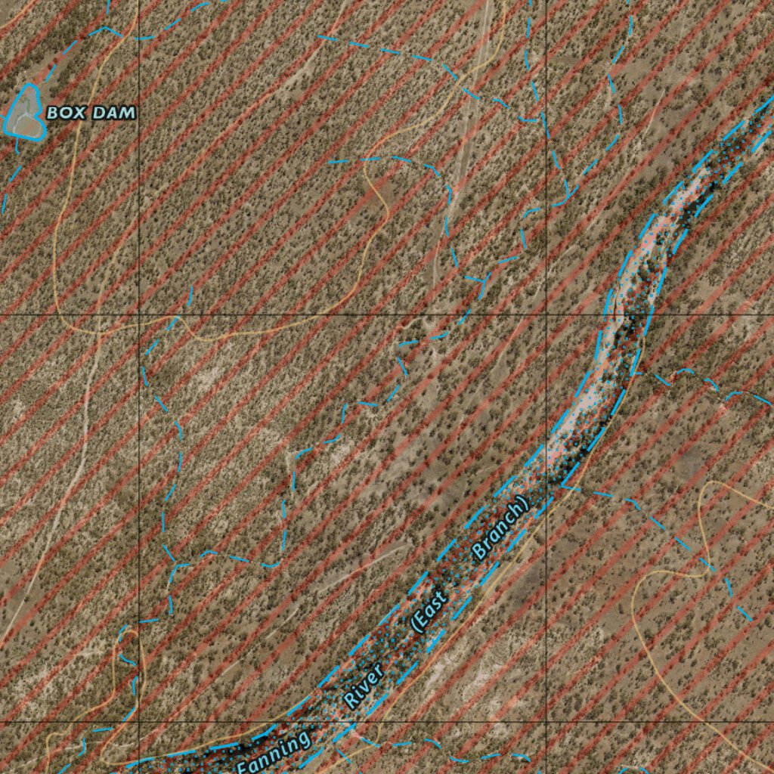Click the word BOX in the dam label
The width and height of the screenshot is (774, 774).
[64, 113]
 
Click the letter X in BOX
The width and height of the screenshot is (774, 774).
[76, 113]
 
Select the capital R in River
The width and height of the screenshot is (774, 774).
[349, 701]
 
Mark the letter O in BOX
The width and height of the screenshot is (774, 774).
[64, 113]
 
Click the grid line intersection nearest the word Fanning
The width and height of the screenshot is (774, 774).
[139, 722]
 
